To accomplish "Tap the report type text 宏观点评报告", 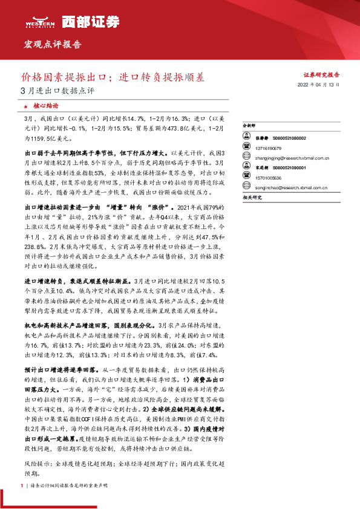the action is pyautogui.click(x=51, y=44).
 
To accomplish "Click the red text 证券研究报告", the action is pyautogui.click(x=321, y=75).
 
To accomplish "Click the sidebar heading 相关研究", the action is pyautogui.click(x=252, y=197).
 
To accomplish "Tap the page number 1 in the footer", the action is pyautogui.click(x=22, y=486).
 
